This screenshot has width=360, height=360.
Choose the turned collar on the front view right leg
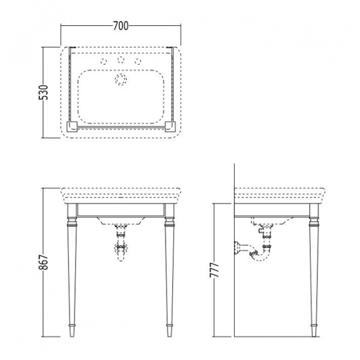[x=168, y=225]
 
